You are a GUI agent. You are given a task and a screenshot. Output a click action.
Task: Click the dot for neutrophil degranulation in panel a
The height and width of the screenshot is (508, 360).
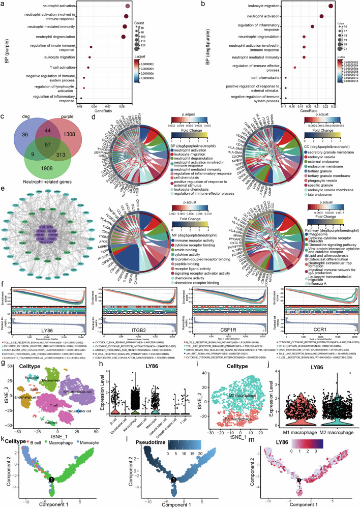124,37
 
